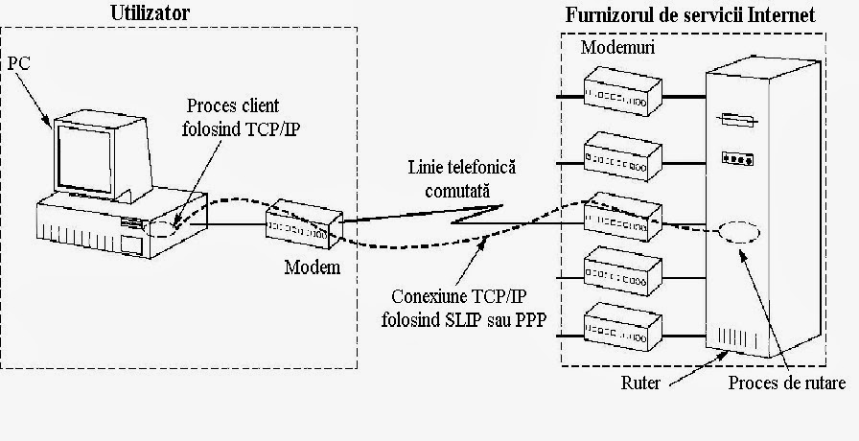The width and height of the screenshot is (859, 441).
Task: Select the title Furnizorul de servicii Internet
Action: coord(690,15)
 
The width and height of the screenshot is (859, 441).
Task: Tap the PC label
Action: coord(19,62)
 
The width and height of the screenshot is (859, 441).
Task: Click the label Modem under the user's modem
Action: coord(312,267)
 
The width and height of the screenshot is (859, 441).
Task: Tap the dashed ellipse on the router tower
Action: coord(738,232)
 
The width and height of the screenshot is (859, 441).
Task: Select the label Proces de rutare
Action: coord(786,383)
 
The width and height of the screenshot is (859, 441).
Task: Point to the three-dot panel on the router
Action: coord(736,159)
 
